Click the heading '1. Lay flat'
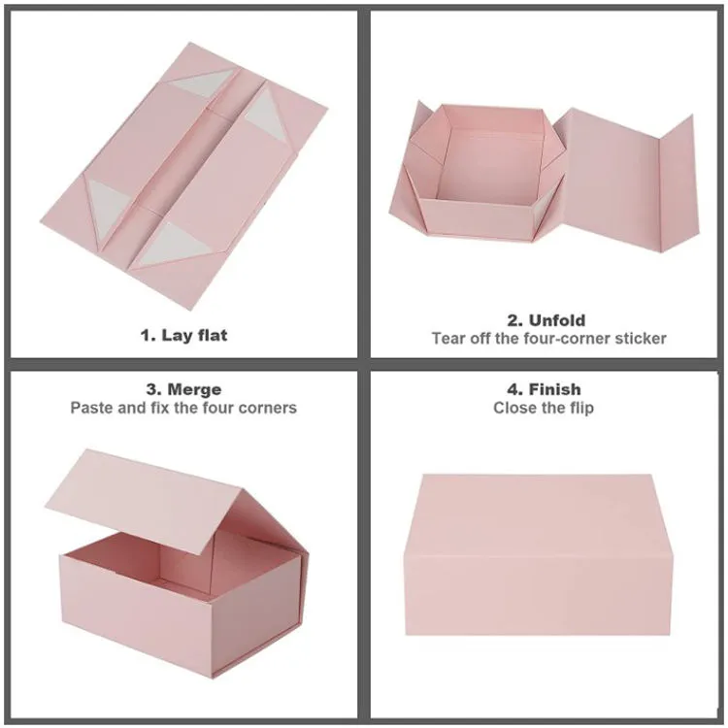(x=183, y=335)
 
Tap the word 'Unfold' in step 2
(x=557, y=320)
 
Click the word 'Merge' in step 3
(x=194, y=389)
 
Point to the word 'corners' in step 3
(x=268, y=408)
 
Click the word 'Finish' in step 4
(x=555, y=389)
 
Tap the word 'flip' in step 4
(x=581, y=408)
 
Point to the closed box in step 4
(x=538, y=555)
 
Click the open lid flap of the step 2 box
(x=627, y=179)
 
